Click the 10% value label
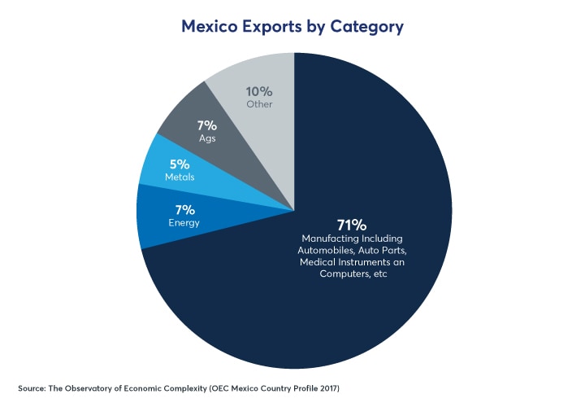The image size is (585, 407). coord(260,92)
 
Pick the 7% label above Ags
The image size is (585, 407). coord(206,125)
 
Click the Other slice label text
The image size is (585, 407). coord(260,104)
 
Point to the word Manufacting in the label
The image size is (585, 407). coord(328,239)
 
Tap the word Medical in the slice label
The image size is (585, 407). coord(319,263)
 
